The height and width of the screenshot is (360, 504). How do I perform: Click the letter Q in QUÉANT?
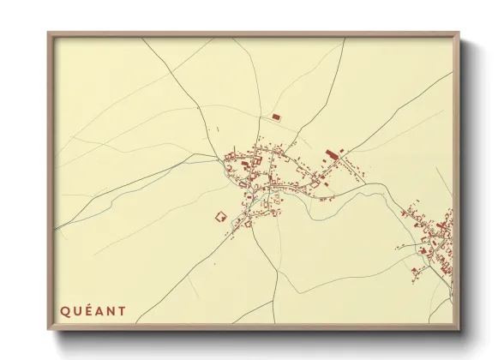(x=64, y=311)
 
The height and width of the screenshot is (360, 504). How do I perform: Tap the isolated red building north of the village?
(x=275, y=117)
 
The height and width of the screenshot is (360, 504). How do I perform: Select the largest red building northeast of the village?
(x=332, y=155)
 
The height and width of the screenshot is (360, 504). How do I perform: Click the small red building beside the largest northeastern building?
(x=340, y=151)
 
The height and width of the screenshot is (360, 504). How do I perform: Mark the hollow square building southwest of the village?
(x=219, y=217)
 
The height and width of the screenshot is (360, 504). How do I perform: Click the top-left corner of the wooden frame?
(x=49, y=34)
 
